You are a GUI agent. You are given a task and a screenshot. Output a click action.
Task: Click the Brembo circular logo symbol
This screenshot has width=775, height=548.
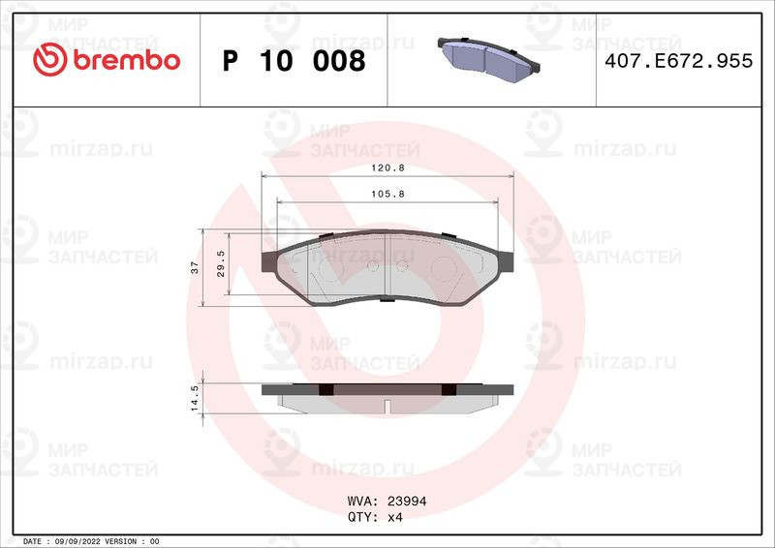(x=47, y=60)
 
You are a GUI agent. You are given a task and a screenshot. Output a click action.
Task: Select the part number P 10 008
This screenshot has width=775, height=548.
(x=294, y=61)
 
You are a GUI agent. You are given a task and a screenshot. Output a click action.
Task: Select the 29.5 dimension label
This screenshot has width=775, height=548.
(x=222, y=263)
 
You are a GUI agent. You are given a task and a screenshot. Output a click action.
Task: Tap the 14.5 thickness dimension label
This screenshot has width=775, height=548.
(x=195, y=398)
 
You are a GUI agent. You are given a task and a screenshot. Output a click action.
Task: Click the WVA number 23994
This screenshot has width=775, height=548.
(x=407, y=502)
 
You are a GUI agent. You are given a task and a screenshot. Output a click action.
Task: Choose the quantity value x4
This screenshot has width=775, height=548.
(x=394, y=517)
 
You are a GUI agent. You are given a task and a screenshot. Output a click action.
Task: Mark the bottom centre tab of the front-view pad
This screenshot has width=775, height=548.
(x=386, y=298)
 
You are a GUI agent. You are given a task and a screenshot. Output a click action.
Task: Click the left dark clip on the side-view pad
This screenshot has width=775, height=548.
(x=325, y=389)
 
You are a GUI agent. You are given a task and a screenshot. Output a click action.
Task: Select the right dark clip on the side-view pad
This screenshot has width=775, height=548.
(x=448, y=389)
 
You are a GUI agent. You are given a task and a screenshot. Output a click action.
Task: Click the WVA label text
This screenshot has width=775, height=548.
(x=361, y=502)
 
